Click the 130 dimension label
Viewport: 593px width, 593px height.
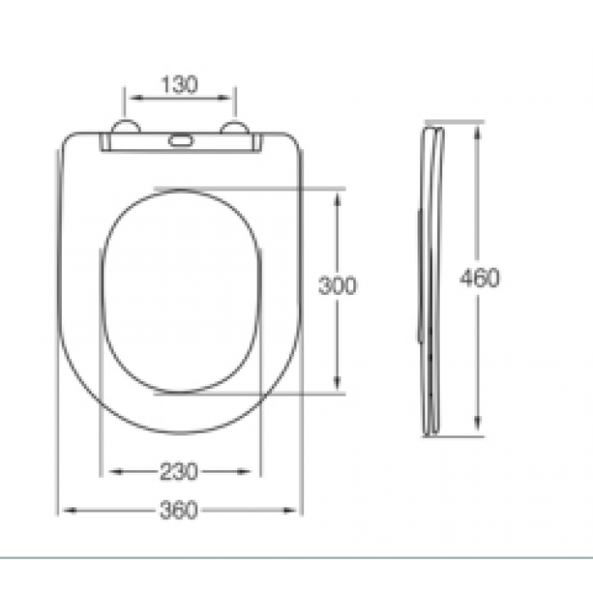(180, 85)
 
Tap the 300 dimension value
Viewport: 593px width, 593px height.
(337, 285)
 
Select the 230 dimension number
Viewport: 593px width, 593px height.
(179, 472)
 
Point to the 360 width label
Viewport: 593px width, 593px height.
(179, 510)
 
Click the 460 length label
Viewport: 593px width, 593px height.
(479, 278)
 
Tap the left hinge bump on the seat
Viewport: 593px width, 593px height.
(125, 126)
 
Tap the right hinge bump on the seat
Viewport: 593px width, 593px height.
(235, 127)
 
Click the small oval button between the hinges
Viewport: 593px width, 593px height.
(180, 141)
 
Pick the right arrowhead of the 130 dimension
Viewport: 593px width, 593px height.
(224, 98)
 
